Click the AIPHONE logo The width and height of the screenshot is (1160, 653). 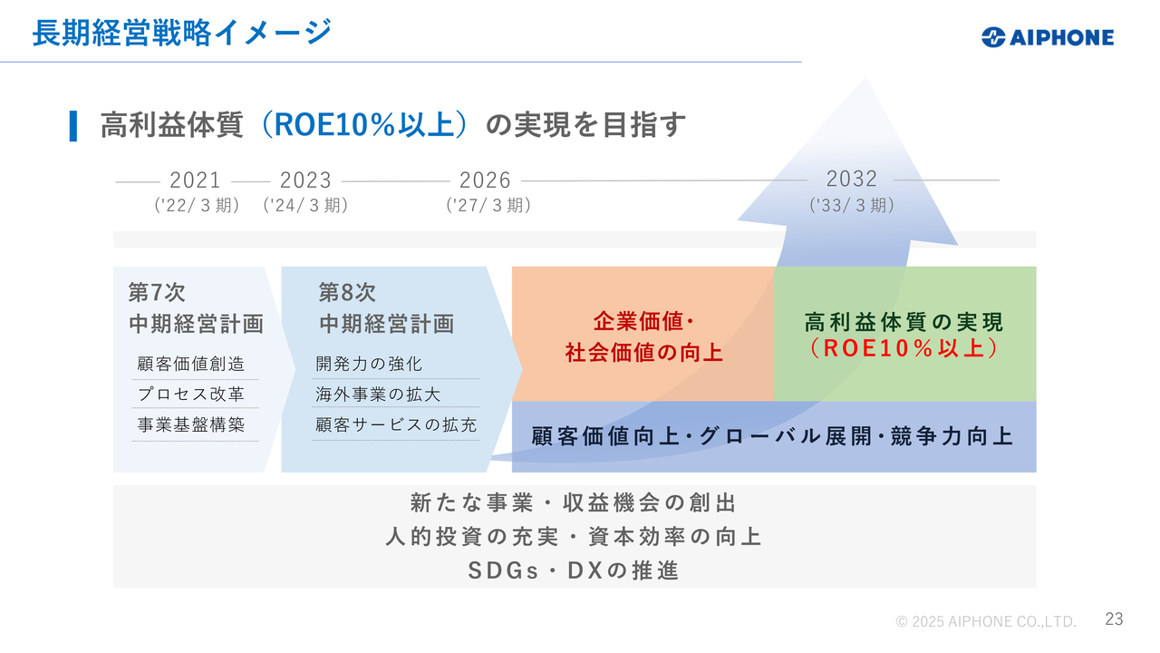pyautogui.click(x=1047, y=37)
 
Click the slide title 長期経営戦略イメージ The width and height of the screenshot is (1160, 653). pyautogui.click(x=181, y=33)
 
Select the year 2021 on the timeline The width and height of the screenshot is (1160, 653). pyautogui.click(x=195, y=180)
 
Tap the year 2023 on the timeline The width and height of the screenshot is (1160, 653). pyautogui.click(x=305, y=180)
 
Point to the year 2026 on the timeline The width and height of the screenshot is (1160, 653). pyautogui.click(x=485, y=180)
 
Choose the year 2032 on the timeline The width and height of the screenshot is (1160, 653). pyautogui.click(x=851, y=179)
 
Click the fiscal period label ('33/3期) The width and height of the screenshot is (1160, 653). pyautogui.click(x=851, y=206)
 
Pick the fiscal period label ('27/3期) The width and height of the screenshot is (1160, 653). pyautogui.click(x=488, y=206)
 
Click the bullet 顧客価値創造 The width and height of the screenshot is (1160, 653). pyautogui.click(x=191, y=365)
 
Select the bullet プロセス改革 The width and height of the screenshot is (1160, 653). pyautogui.click(x=191, y=395)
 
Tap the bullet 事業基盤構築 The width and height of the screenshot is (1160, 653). pyautogui.click(x=191, y=424)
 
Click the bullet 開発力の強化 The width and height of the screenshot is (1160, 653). pyautogui.click(x=369, y=365)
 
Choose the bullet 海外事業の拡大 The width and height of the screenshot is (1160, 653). pyautogui.click(x=378, y=395)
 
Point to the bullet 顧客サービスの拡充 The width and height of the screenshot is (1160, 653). pyautogui.click(x=396, y=424)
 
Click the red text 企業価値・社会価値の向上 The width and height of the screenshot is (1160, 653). pyautogui.click(x=643, y=336)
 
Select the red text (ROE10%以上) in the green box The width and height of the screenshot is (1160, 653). pyautogui.click(x=904, y=348)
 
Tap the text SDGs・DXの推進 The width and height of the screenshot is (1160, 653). pyautogui.click(x=574, y=570)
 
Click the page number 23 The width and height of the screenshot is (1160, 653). pyautogui.click(x=1114, y=619)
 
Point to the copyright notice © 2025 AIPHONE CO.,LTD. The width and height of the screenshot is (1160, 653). pyautogui.click(x=986, y=621)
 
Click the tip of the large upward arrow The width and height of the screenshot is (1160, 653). pyautogui.click(x=866, y=79)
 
